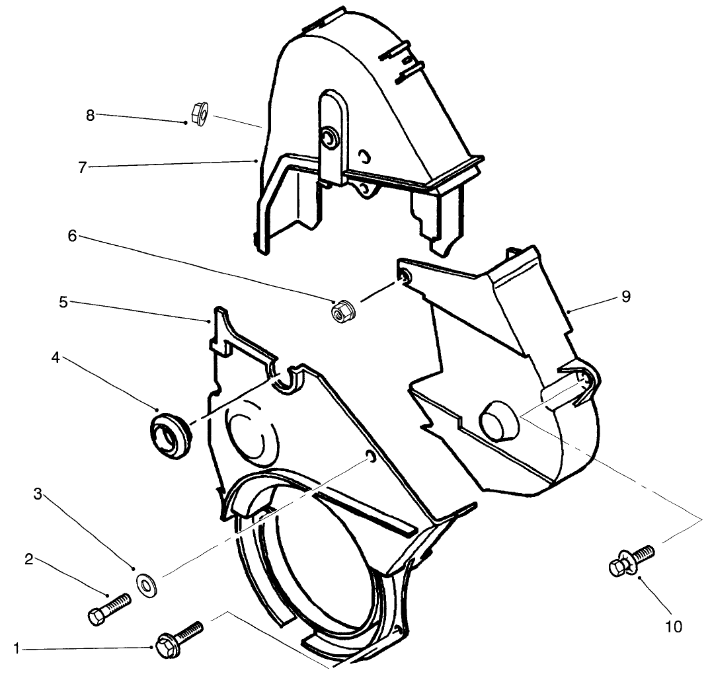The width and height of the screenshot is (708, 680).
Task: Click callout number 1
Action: tap(17, 649)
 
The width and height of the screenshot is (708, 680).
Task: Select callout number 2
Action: tap(29, 560)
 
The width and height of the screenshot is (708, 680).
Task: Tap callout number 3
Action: tap(38, 494)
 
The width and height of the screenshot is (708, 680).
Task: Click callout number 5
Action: tap(63, 302)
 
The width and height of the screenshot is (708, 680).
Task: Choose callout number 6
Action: tap(72, 235)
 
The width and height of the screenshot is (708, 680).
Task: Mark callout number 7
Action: tap(82, 168)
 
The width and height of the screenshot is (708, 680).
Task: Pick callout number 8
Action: tap(91, 116)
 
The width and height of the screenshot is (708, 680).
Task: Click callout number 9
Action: tap(626, 297)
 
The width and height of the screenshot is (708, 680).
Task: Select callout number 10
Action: tap(674, 626)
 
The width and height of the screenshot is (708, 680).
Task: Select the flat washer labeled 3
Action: tap(145, 586)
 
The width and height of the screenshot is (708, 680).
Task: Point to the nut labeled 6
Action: tap(342, 311)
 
